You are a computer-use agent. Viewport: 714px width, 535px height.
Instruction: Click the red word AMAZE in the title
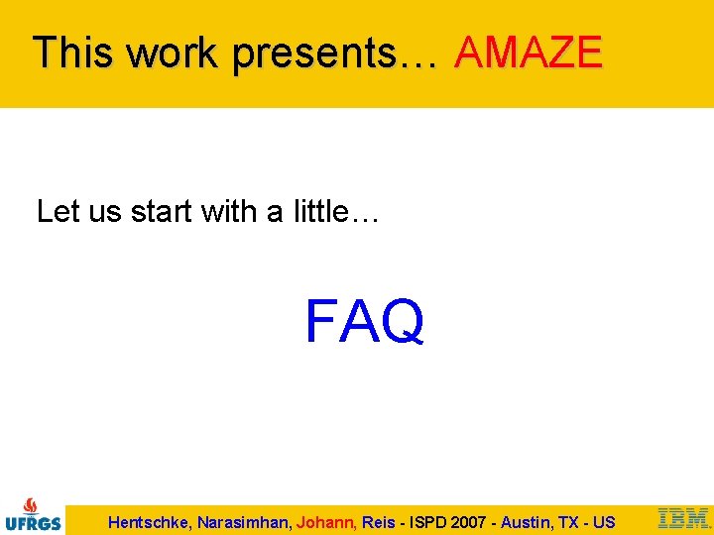[x=528, y=53]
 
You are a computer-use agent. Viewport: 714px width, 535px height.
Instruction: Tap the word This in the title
[x=71, y=53]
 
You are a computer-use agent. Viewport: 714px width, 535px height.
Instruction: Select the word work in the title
[x=171, y=53]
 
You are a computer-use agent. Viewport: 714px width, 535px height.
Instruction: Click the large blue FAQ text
[x=365, y=322]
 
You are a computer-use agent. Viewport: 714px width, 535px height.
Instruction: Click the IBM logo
[x=683, y=518]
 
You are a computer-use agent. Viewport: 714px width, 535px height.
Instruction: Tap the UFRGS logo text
[x=33, y=523]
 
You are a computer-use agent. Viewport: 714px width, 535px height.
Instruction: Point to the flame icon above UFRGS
[x=32, y=504]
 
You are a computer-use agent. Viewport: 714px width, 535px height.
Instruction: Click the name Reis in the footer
[x=378, y=522]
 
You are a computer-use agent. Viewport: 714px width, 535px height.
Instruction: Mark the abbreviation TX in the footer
[x=569, y=522]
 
